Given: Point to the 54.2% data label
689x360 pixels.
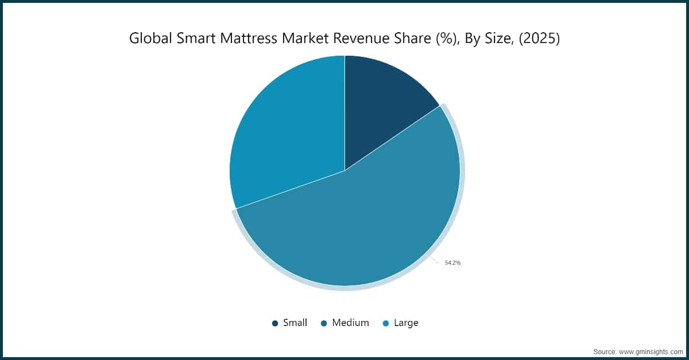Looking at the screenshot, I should point(452,262).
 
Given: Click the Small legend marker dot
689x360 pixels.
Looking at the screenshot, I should point(275,323).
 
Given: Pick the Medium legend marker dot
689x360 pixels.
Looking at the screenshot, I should point(324,323).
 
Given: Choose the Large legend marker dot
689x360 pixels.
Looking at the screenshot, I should point(386,323).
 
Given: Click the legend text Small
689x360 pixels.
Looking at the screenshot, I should point(295,323).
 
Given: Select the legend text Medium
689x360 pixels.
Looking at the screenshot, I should point(350,323).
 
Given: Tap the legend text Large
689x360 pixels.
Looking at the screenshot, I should point(406,323).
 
